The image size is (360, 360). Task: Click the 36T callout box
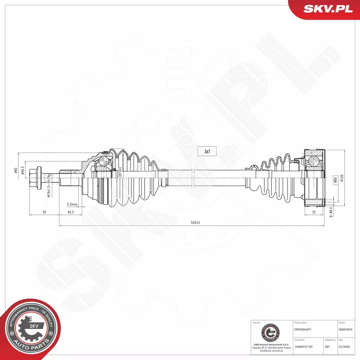(207, 152)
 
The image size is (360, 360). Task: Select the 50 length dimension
(44, 211)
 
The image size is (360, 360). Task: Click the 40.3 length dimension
(71, 211)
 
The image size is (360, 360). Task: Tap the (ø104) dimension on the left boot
(120, 173)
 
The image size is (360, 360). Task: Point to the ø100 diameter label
(342, 178)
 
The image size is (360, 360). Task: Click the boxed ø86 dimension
(335, 180)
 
